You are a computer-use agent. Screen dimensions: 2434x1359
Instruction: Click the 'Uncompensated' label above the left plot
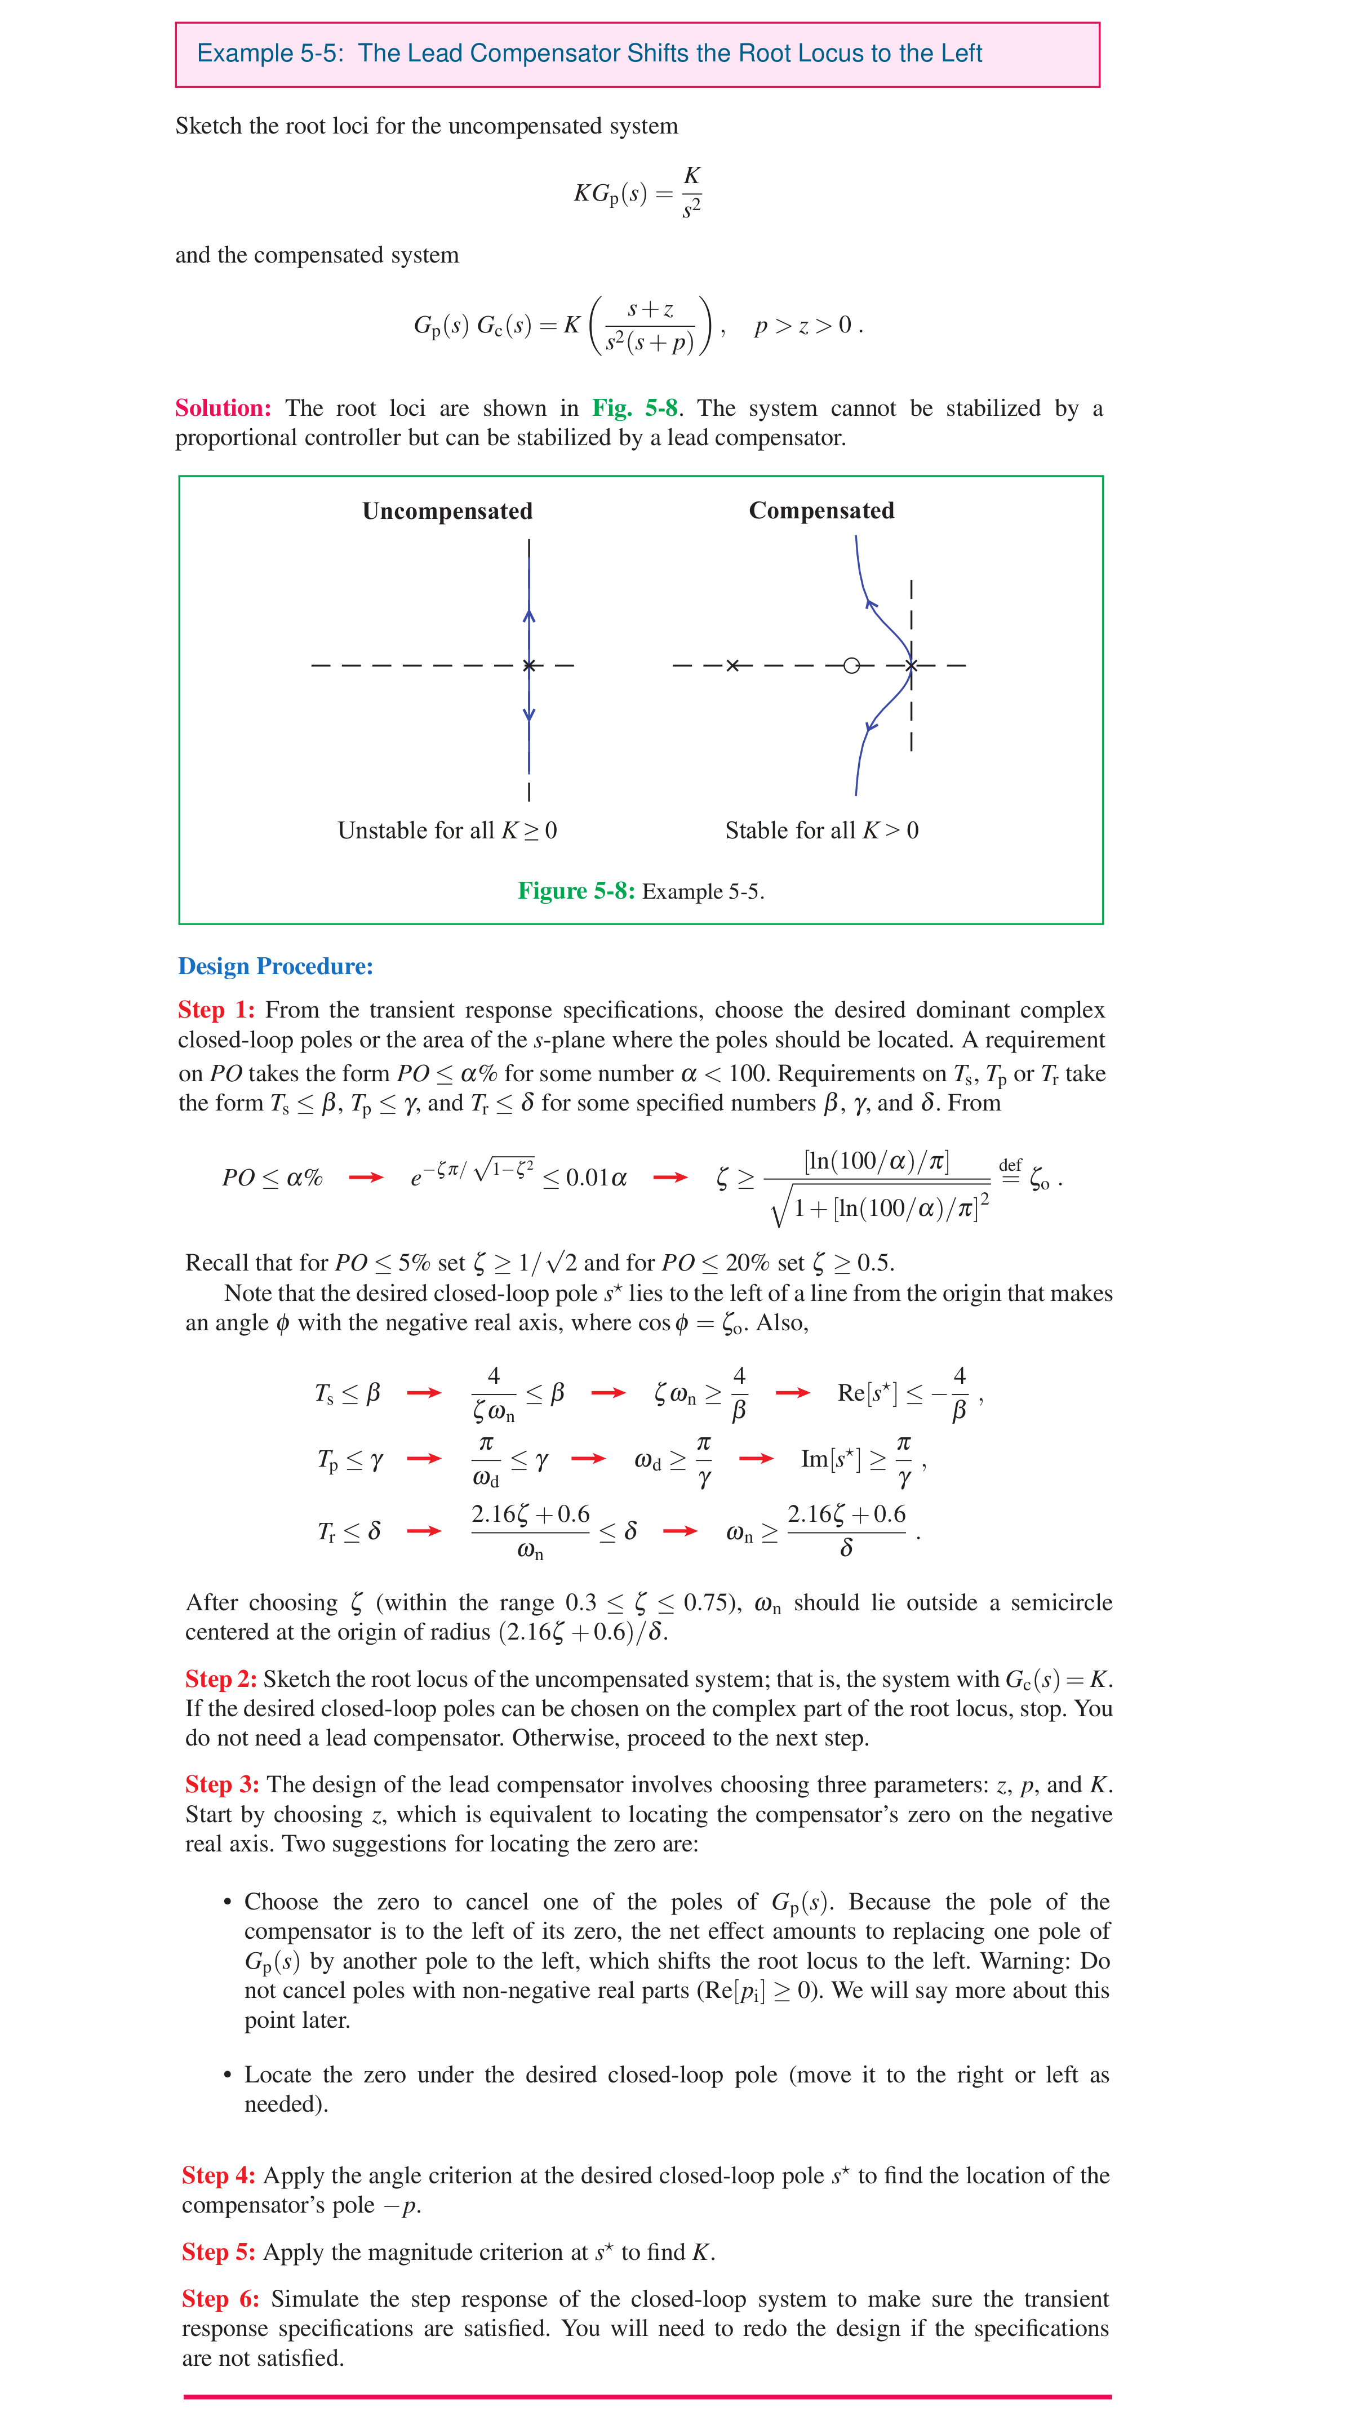(x=447, y=511)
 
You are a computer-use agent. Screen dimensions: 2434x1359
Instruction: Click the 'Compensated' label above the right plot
(x=821, y=510)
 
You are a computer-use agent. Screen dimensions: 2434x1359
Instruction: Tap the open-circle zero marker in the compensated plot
(x=851, y=666)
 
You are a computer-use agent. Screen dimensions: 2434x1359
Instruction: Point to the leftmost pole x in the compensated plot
(x=732, y=666)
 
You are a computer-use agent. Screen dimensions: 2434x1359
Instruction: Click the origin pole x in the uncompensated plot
(x=529, y=666)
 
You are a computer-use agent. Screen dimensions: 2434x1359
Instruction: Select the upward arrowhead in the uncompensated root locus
(x=529, y=616)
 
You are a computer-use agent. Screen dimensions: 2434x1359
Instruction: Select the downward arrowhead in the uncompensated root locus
(x=529, y=716)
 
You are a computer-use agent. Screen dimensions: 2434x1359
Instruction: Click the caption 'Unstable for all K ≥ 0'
(x=447, y=830)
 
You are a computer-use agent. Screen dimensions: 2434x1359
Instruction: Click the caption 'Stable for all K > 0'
(x=821, y=830)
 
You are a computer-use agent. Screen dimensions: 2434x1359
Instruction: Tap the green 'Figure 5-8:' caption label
(x=575, y=891)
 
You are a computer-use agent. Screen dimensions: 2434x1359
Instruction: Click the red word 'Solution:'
(x=223, y=408)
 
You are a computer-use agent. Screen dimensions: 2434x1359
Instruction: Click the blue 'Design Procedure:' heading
(x=275, y=967)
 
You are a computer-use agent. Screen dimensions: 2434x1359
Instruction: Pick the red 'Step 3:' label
(x=221, y=1785)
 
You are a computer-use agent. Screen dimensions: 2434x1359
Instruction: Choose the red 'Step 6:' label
(x=220, y=2299)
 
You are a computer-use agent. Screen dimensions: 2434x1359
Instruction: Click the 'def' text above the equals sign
(x=1010, y=1165)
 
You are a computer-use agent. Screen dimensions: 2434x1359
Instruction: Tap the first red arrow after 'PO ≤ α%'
(x=366, y=1178)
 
